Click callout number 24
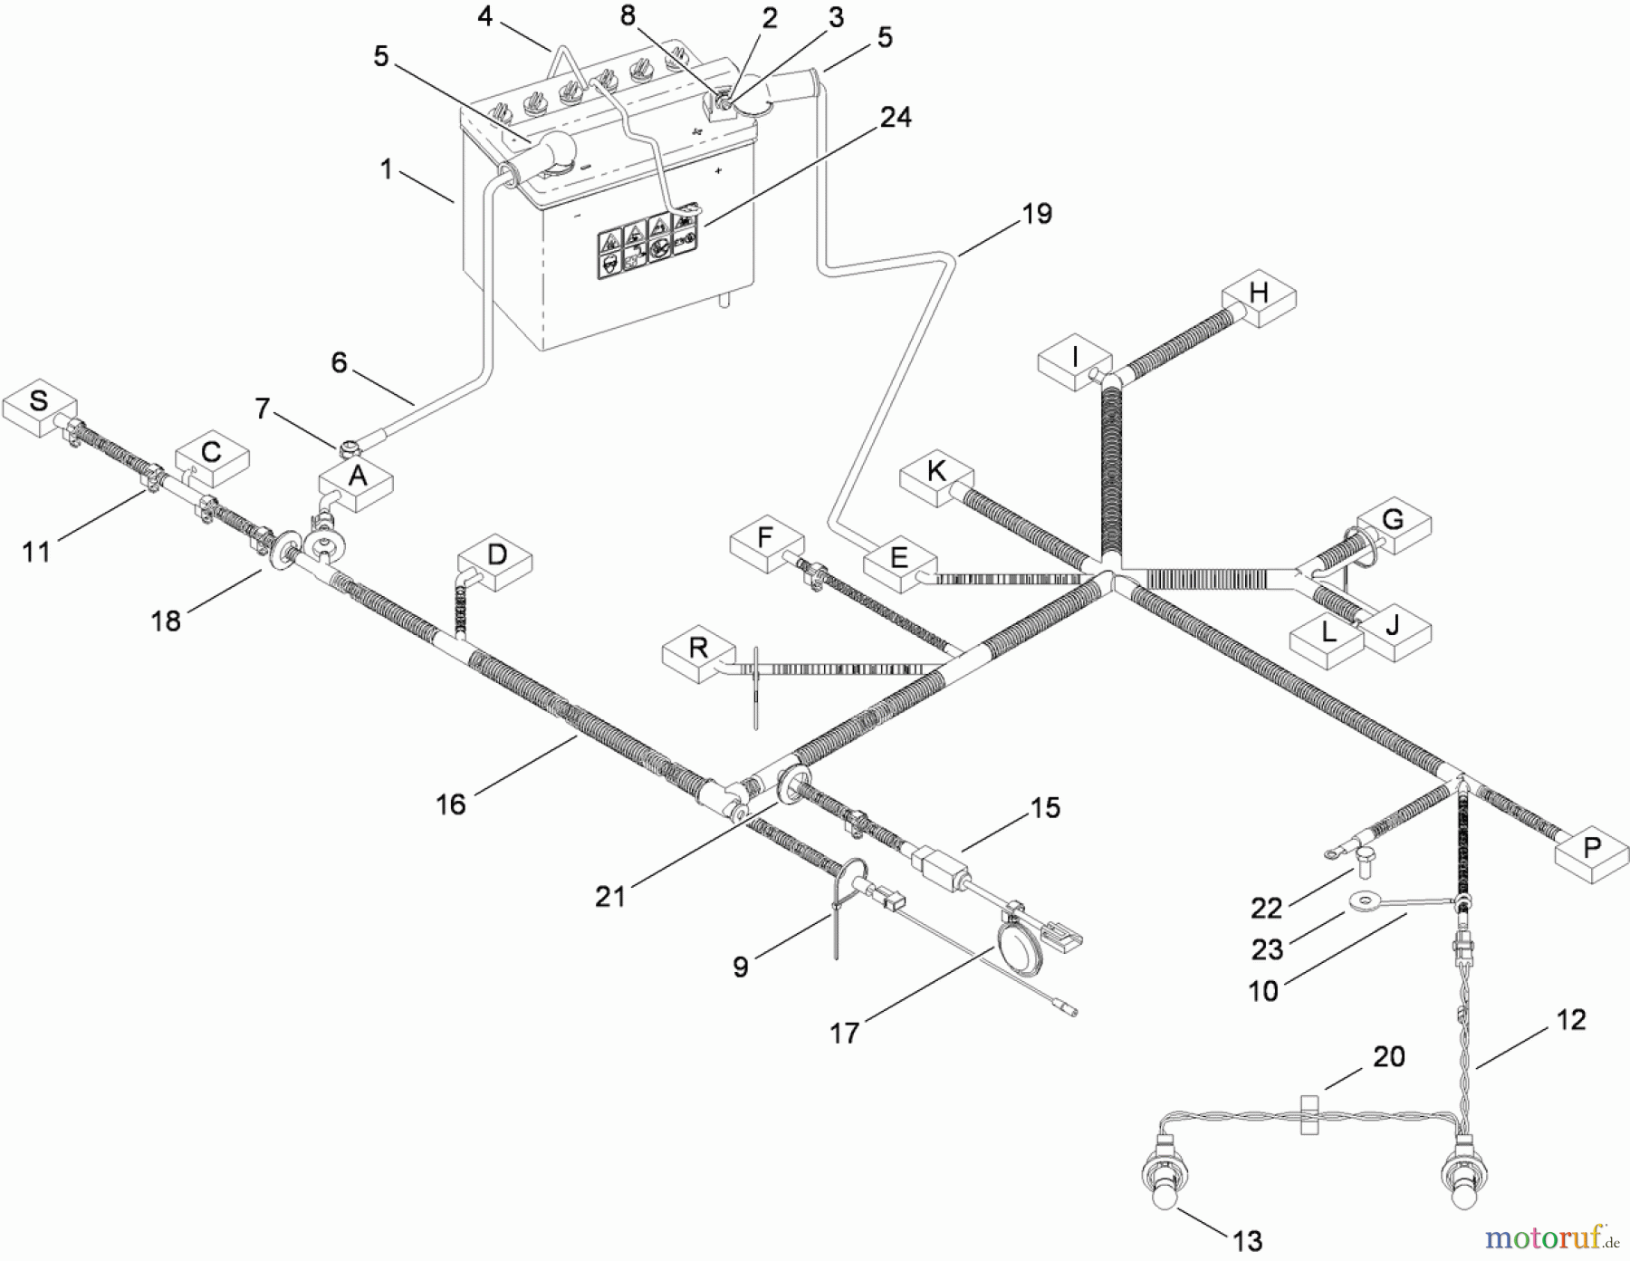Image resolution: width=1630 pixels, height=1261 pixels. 896,118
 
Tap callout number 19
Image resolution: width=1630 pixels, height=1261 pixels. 1037,215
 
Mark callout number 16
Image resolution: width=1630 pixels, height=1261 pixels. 451,804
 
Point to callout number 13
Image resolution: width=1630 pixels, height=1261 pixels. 1248,1240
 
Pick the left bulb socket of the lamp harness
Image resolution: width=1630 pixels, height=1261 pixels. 1162,1184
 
